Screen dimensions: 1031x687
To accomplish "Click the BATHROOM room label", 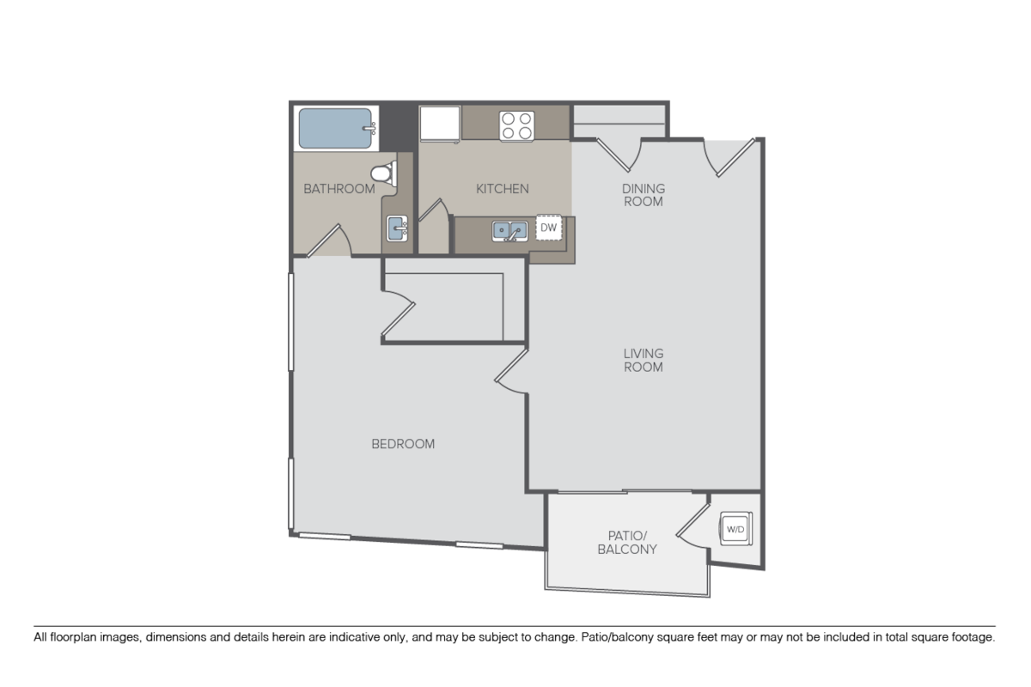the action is click(x=339, y=189).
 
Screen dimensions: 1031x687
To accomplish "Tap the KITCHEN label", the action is click(x=502, y=189).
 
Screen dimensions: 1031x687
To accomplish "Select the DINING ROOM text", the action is click(x=644, y=195).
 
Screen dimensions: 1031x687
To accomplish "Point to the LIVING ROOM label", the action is click(x=644, y=361).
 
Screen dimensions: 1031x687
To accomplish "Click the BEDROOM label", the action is click(x=403, y=444).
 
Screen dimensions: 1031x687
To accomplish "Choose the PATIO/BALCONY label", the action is click(x=627, y=543).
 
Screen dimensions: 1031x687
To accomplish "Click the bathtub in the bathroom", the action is click(x=337, y=128).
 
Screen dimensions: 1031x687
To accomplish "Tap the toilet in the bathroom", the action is click(x=384, y=173).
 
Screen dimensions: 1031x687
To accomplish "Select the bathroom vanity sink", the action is click(x=397, y=228).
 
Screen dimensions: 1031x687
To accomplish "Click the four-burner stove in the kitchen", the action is click(x=517, y=125).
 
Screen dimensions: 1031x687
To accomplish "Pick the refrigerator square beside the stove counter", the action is click(x=440, y=124).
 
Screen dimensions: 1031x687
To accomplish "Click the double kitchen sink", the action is click(x=509, y=231).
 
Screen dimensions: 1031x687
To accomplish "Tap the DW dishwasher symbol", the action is click(x=549, y=228).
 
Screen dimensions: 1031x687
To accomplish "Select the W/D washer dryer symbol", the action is click(x=735, y=529).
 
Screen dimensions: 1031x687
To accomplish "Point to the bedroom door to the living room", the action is click(x=511, y=372).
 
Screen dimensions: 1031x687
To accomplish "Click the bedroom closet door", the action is click(x=398, y=313).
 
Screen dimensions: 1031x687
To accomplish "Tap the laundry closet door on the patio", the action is click(x=692, y=526).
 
